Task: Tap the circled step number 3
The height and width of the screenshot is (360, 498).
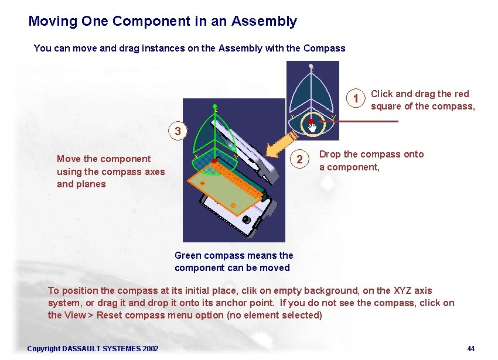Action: (176, 130)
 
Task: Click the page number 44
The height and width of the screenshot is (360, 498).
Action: (470, 349)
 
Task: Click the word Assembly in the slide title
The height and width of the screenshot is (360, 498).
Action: (264, 22)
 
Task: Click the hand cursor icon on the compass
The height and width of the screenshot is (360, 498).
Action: (313, 126)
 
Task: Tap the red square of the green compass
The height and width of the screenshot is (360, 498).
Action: (215, 160)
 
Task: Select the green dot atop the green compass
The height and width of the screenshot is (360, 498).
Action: (216, 107)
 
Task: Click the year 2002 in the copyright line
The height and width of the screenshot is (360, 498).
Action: (150, 349)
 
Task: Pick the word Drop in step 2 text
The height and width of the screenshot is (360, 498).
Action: (330, 155)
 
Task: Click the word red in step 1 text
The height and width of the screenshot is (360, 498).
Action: (461, 94)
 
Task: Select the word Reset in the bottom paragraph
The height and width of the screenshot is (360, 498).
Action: (110, 315)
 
